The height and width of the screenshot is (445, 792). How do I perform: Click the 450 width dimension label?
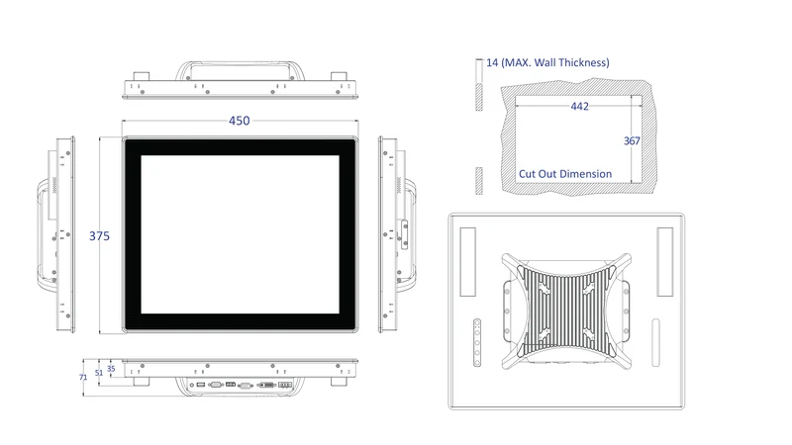coord(239,121)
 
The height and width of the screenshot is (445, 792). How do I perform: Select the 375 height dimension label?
coord(99,235)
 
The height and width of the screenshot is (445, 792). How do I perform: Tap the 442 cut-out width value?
coord(579,106)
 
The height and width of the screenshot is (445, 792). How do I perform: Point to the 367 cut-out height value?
coord(632,140)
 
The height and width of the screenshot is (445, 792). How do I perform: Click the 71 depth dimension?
coord(83,377)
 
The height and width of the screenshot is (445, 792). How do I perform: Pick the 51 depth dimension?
coord(98,373)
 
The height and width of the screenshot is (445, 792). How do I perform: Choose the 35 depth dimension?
coord(111,369)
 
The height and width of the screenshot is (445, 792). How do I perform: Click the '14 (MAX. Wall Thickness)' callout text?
coord(547,62)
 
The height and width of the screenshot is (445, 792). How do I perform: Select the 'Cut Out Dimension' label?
coord(565,174)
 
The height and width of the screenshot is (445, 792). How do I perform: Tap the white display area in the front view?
coord(240,234)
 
